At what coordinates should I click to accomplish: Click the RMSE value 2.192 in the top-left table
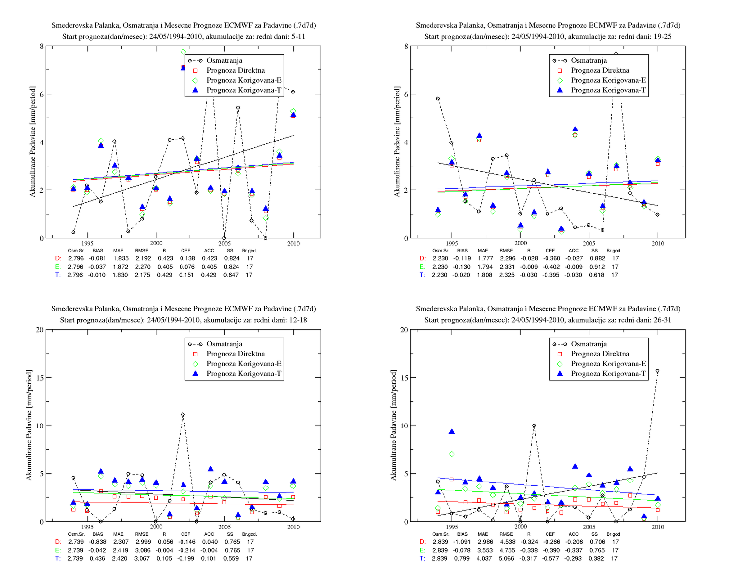(143, 258)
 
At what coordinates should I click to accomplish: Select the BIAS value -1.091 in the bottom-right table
(462, 542)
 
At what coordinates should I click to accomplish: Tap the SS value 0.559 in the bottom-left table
(231, 558)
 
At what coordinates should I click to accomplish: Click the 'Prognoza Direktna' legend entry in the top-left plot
(236, 70)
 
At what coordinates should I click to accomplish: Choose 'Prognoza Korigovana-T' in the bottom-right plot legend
(608, 373)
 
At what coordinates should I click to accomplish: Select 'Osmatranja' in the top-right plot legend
(589, 60)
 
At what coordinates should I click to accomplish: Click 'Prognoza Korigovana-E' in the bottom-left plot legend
(244, 364)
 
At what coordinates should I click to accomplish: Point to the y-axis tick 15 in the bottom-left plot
(40, 377)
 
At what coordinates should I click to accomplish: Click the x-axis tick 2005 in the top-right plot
(589, 243)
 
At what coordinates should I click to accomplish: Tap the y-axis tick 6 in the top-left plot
(42, 94)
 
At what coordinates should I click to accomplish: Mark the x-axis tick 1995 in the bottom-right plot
(452, 527)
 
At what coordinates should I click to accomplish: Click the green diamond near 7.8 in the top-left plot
(183, 52)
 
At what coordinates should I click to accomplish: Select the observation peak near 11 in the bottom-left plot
(183, 415)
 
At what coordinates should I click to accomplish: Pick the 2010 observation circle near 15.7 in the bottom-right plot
(657, 371)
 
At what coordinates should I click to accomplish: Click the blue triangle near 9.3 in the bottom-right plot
(452, 432)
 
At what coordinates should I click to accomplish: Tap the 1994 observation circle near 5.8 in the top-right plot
(438, 99)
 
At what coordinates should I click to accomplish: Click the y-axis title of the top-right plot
(397, 142)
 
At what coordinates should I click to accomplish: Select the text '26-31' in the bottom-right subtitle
(662, 320)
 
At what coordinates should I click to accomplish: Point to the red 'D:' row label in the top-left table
(58, 258)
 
